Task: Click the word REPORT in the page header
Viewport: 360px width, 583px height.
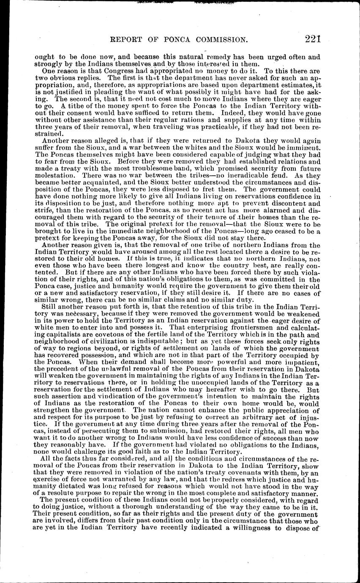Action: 129,40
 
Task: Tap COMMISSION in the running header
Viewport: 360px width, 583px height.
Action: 218,40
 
